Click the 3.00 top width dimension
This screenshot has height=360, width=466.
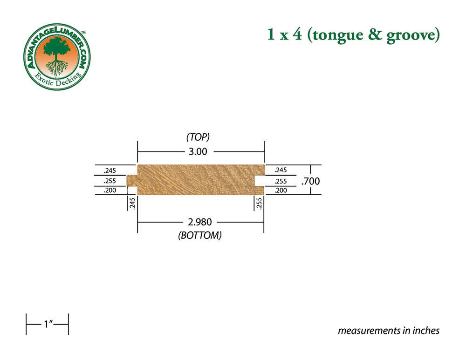[198, 152]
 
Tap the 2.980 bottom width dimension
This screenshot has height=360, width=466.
[200, 222]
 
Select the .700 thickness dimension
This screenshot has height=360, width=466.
[310, 181]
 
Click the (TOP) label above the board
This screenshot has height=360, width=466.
[198, 137]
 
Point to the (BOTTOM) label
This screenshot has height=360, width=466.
[200, 235]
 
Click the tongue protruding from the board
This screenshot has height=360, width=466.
[132, 181]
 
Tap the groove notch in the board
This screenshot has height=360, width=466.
[260, 181]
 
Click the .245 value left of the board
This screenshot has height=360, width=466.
[110, 170]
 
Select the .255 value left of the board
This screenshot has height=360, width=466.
[110, 181]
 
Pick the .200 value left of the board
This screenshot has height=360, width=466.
[110, 190]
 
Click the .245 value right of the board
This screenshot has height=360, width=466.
[281, 170]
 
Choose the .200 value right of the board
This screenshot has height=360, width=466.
[281, 190]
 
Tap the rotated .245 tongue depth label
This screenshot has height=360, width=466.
[132, 204]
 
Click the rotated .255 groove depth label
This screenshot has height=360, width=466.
[259, 204]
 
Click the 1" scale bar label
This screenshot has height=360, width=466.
[48, 324]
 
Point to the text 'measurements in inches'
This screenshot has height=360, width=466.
[389, 330]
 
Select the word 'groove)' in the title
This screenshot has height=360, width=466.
[413, 35]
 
